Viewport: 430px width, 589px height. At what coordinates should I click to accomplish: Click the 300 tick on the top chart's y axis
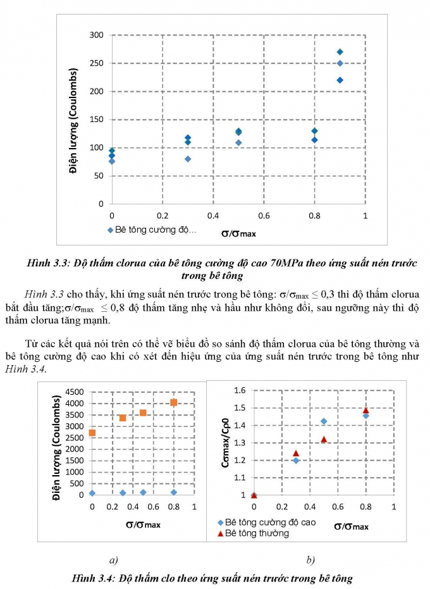[95, 35]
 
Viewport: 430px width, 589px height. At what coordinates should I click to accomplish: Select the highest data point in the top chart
[340, 52]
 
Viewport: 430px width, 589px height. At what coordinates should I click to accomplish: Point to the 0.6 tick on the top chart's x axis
[264, 216]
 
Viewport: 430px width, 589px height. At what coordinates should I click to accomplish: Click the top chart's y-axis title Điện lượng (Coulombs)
[73, 120]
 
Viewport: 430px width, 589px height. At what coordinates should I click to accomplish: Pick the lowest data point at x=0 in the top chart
[112, 161]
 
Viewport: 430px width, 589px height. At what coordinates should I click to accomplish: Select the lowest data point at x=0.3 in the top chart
[188, 159]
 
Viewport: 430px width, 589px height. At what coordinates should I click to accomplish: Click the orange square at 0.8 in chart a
[174, 402]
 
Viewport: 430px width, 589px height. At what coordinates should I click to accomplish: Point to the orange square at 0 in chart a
[92, 433]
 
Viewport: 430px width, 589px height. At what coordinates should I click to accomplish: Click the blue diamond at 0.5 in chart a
[143, 492]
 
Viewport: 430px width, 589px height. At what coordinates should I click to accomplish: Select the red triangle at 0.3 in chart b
[296, 453]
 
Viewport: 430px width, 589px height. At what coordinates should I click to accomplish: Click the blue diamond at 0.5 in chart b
[324, 421]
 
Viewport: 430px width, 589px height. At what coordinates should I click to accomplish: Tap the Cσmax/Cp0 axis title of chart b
[225, 443]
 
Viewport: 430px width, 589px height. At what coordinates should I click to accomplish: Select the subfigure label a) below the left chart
[114, 559]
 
